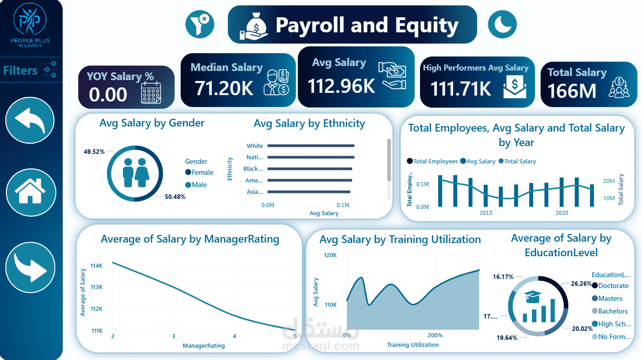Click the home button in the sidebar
30,192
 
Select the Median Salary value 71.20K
224,88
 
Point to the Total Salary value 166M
571,91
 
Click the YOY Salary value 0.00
108,95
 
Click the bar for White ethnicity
311,146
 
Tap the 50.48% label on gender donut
175,197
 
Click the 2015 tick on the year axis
485,213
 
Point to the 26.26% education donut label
581,284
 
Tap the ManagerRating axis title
203,346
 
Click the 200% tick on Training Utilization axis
435,335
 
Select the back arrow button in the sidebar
30,121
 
